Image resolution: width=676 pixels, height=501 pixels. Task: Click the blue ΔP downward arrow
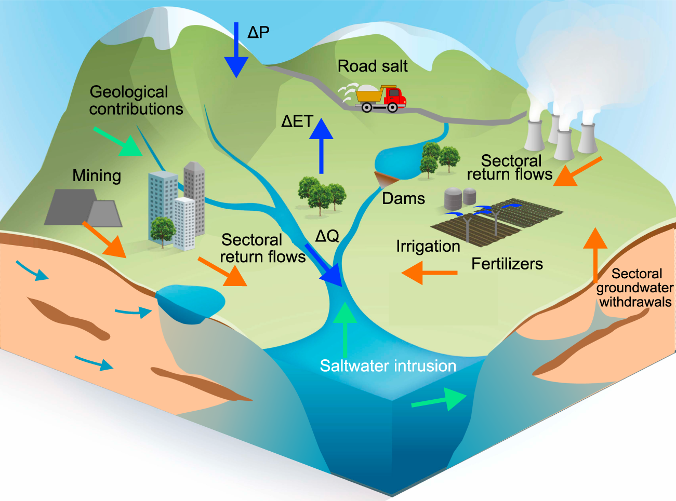click(x=236, y=52)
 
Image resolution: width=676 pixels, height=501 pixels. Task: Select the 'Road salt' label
click(x=373, y=66)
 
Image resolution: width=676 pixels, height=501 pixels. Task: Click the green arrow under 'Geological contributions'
click(x=118, y=141)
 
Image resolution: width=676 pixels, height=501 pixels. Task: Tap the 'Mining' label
click(x=97, y=176)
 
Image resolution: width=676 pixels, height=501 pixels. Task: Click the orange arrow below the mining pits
click(x=105, y=240)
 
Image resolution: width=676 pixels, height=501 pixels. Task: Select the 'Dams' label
click(x=403, y=198)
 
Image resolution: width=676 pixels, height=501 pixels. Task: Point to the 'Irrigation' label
click(x=428, y=246)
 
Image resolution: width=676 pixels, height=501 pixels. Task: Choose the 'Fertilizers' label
click(x=507, y=264)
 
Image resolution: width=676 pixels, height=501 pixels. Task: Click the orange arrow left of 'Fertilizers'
click(x=429, y=273)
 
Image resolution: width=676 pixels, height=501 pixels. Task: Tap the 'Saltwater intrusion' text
click(x=388, y=365)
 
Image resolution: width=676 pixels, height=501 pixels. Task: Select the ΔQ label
click(x=327, y=236)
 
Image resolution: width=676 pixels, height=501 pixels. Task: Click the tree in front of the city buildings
click(x=163, y=231)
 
